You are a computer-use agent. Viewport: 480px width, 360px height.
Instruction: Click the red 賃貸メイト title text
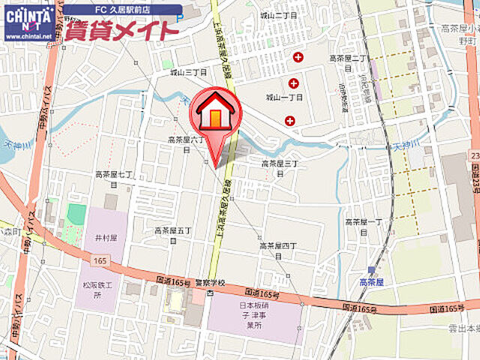pyautogui.click(x=122, y=31)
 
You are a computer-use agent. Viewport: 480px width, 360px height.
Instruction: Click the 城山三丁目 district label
pyautogui.click(x=187, y=72)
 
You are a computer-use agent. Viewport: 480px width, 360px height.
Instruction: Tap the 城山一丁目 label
pyautogui.click(x=283, y=97)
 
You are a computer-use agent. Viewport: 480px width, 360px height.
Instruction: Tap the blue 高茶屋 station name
pyautogui.click(x=371, y=282)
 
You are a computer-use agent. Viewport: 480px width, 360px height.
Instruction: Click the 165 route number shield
pyautogui.click(x=100, y=259)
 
